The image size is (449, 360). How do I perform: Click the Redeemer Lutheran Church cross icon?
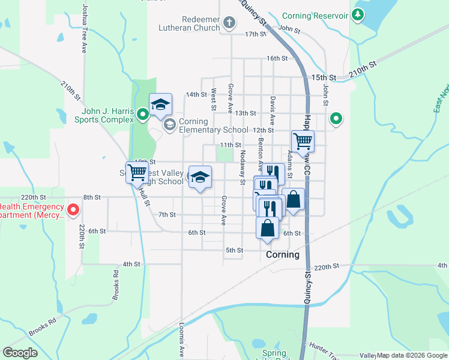(x=229, y=23)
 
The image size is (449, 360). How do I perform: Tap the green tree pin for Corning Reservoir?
(x=358, y=14)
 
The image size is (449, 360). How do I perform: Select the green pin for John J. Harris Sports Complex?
(x=142, y=113)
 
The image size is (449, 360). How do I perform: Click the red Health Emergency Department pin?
(x=73, y=209)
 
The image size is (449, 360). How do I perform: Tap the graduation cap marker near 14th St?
(x=160, y=104)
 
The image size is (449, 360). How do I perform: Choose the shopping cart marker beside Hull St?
(x=137, y=173)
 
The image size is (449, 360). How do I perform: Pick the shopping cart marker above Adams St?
(x=303, y=142)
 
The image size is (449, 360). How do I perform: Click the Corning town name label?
(x=282, y=254)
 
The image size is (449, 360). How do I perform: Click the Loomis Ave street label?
(x=181, y=343)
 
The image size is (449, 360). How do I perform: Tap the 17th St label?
(x=255, y=34)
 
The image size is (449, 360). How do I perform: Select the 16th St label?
(x=277, y=58)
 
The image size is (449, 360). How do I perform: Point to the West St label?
(x=213, y=100)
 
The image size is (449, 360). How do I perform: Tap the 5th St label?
(x=234, y=250)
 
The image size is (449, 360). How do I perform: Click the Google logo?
(x=20, y=353)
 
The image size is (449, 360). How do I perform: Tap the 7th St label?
(x=166, y=214)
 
